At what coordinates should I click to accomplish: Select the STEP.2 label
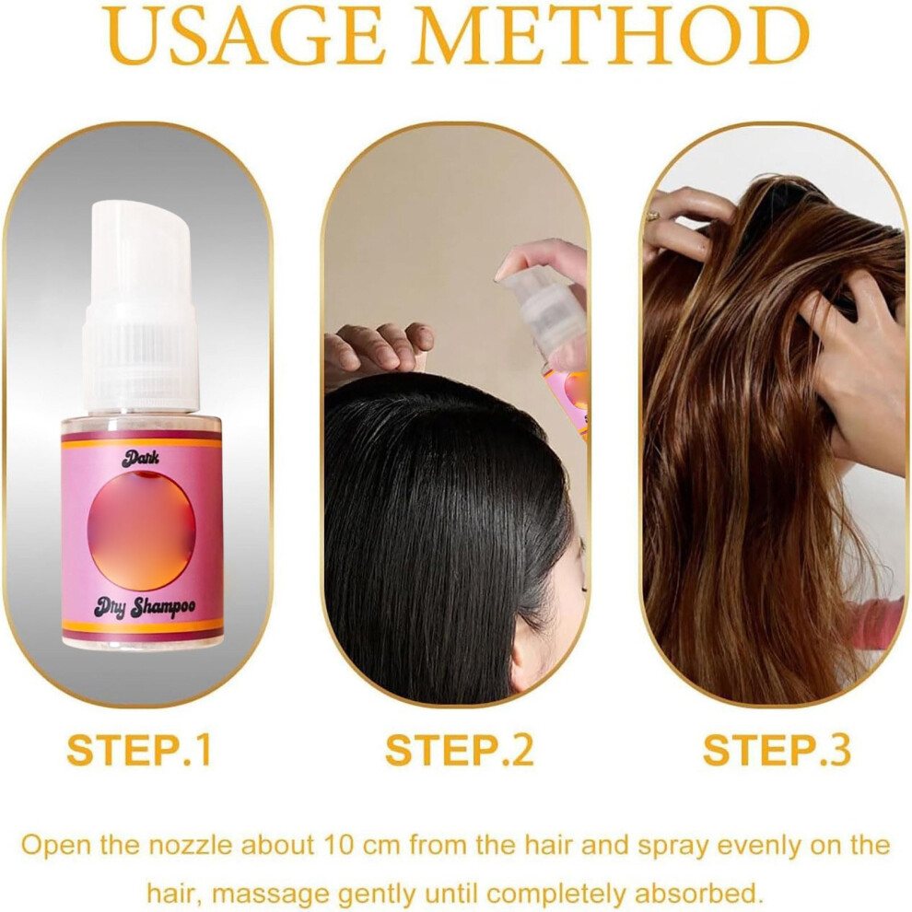point(459,750)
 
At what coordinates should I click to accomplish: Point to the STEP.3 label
point(778,750)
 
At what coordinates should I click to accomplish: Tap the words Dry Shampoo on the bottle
point(145,608)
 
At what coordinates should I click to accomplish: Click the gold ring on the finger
point(654,216)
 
